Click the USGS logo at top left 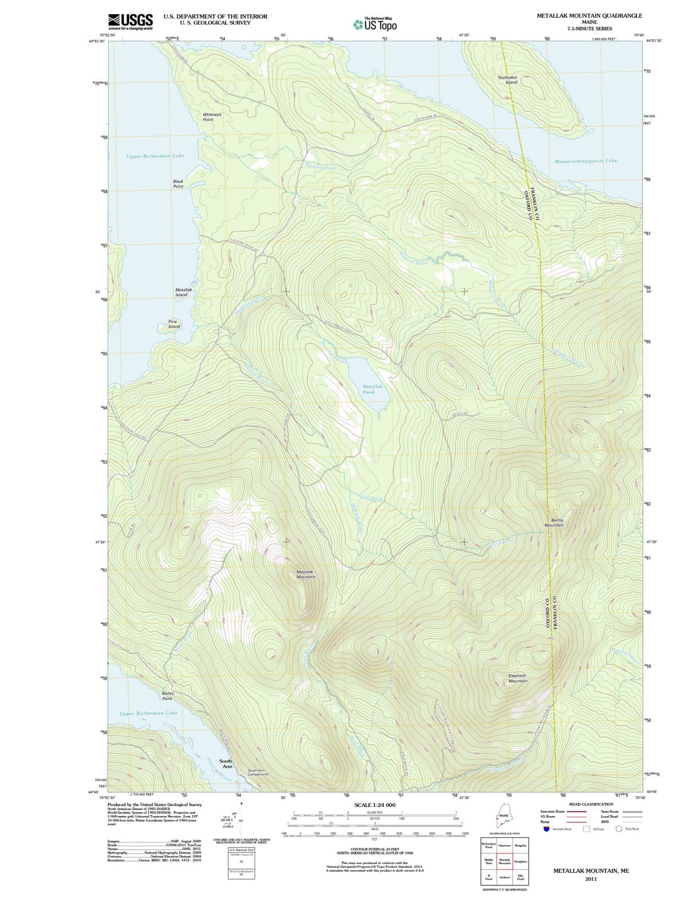pos(130,21)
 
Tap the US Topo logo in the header pos(375,25)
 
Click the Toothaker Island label pos(507,79)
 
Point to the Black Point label pos(178,184)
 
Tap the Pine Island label pos(174,324)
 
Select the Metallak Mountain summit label pos(306,574)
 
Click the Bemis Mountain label pos(554,523)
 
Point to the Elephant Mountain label pos(518,678)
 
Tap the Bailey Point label pos(168,696)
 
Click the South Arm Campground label pos(257,772)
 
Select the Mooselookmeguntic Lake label pos(586,161)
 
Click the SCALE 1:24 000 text pos(375,805)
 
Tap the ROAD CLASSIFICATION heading pos(591,804)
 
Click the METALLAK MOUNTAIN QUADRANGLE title pos(589,15)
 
